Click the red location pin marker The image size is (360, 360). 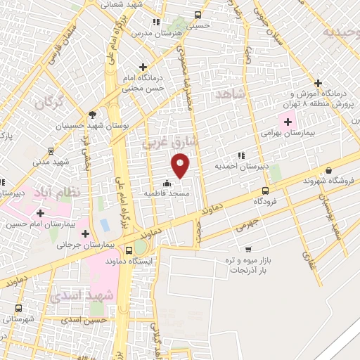[181, 165]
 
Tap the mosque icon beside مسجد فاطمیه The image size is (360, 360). [166, 184]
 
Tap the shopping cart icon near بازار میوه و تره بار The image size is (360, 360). [248, 249]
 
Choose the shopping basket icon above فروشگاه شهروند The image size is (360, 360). [328, 169]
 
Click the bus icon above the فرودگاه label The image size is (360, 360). [265, 190]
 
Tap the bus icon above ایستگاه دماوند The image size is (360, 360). [128, 250]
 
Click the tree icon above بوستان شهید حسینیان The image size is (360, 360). [91, 115]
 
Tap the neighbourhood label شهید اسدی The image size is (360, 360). [82, 295]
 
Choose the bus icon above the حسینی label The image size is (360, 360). [198, 14]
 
